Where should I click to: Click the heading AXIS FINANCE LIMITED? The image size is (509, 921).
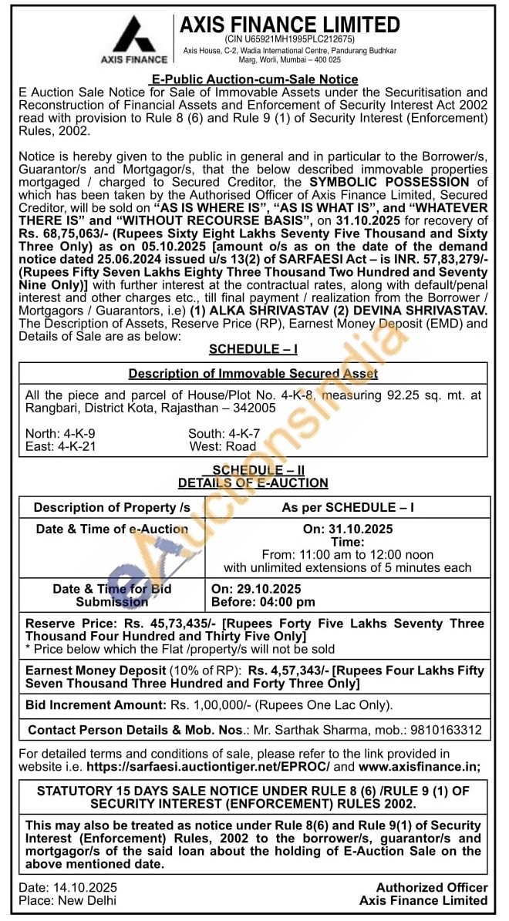(290, 25)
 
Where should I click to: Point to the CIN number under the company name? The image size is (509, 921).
(290, 39)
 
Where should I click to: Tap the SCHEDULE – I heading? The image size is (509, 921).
(253, 349)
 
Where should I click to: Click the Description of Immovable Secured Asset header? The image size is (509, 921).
(253, 374)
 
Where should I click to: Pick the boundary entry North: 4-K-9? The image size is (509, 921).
(60, 433)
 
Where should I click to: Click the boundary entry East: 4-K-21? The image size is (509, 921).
(60, 446)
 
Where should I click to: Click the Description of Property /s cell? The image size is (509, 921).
(112, 507)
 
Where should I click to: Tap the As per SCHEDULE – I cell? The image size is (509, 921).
(347, 507)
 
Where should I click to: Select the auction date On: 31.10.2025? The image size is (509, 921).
(347, 529)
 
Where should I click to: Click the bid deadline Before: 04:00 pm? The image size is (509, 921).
(263, 601)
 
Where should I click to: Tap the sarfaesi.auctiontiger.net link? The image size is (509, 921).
(208, 766)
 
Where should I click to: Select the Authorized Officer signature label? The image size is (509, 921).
(431, 887)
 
